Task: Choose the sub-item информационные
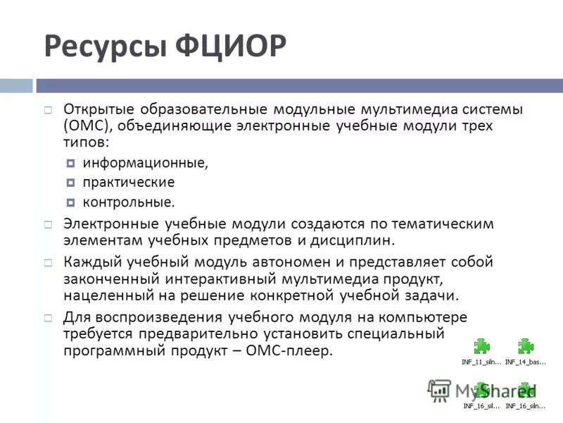point(145,163)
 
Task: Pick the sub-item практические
point(128,183)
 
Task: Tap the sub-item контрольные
point(128,203)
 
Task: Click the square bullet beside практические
point(71,183)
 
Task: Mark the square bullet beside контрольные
point(71,203)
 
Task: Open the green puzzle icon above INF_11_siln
point(481,346)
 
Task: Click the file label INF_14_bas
point(524,362)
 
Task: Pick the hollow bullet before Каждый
point(48,262)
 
